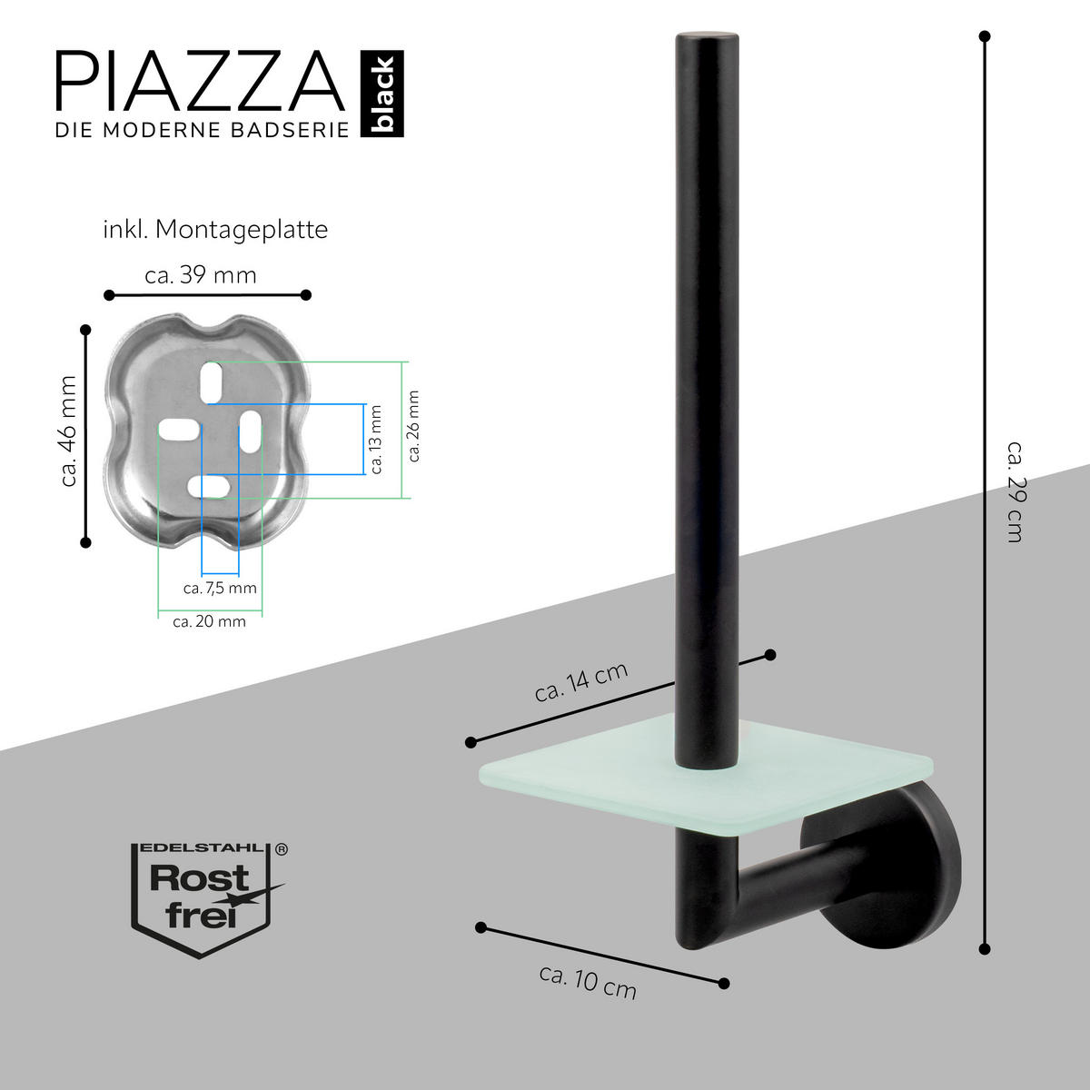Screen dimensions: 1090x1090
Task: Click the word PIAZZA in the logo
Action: click(202, 82)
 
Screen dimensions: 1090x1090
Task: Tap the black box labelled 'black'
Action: click(382, 94)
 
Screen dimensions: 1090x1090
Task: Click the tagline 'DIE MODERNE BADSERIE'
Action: click(202, 130)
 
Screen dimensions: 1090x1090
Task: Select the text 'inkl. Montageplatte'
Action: click(215, 230)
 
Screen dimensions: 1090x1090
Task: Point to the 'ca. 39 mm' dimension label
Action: click(201, 274)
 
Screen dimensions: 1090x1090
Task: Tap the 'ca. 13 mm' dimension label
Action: click(376, 439)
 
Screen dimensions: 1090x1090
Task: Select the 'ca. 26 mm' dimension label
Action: click(414, 426)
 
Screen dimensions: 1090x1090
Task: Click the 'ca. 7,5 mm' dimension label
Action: click(220, 588)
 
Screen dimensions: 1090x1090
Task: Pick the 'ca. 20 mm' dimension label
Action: click(209, 622)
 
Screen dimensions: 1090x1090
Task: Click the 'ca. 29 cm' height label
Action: click(1016, 491)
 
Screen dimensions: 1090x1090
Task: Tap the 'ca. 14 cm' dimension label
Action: click(581, 682)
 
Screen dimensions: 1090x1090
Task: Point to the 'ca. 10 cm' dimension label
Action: click(588, 981)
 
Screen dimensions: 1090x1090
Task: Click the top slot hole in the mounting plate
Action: click(212, 381)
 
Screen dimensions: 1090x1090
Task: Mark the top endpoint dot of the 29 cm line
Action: click(985, 36)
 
